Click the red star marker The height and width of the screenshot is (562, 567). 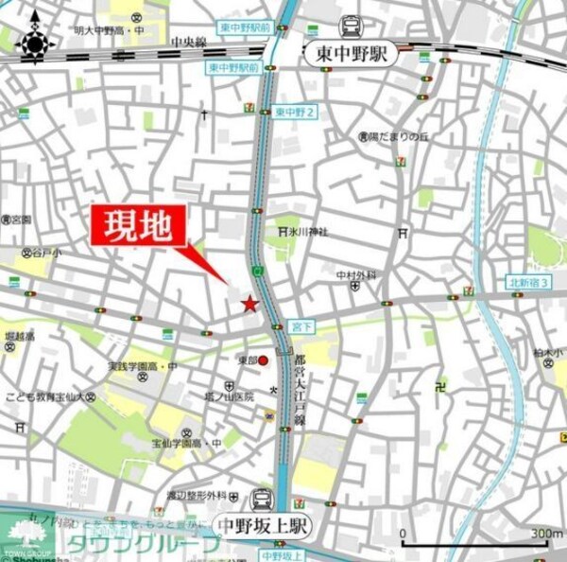[249, 304]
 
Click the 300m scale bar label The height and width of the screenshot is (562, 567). [546, 534]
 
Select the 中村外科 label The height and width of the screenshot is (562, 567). [356, 275]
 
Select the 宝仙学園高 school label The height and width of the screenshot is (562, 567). [180, 443]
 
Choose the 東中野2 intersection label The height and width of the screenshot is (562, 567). [294, 112]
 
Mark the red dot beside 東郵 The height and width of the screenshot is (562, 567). [264, 360]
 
